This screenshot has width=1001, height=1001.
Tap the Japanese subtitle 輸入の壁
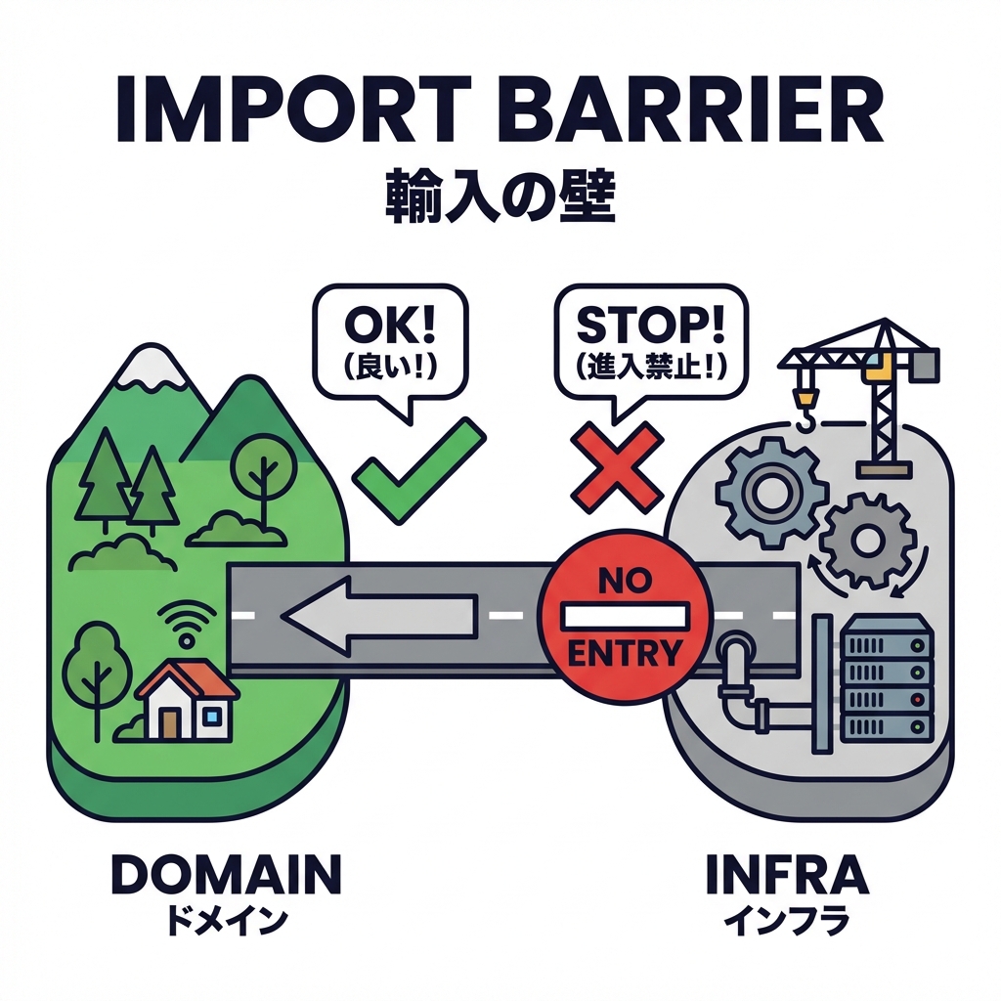coord(499,198)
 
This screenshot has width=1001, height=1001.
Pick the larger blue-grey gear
coord(765,485)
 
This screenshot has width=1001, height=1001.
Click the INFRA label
coord(787,873)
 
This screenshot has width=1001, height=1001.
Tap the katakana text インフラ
coord(787,919)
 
